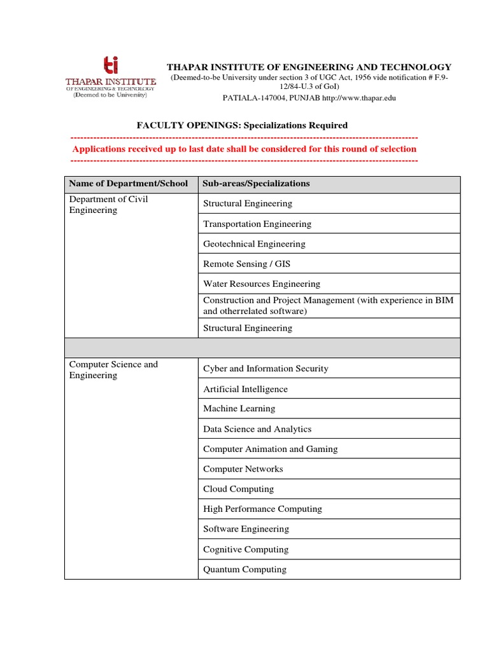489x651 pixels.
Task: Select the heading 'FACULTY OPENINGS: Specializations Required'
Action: pyautogui.click(x=242, y=125)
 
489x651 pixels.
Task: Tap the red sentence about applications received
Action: pyautogui.click(x=244, y=149)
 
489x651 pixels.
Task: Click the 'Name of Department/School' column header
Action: pyautogui.click(x=129, y=184)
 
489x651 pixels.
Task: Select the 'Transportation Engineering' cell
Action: pyautogui.click(x=257, y=224)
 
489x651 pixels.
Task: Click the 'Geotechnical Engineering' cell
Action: pyautogui.click(x=254, y=244)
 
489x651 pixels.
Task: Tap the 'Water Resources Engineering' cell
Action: pyautogui.click(x=262, y=284)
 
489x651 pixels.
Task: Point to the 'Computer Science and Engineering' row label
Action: pyautogui.click(x=113, y=370)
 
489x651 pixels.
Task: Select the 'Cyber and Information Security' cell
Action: pyautogui.click(x=266, y=369)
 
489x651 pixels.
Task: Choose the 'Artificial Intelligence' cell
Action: pyautogui.click(x=245, y=389)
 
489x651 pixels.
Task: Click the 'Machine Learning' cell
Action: pyautogui.click(x=239, y=409)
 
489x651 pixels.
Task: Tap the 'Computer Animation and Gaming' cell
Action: pyautogui.click(x=270, y=449)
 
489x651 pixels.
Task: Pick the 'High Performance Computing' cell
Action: pyautogui.click(x=262, y=509)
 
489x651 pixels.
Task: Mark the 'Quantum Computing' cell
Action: pyautogui.click(x=244, y=570)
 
